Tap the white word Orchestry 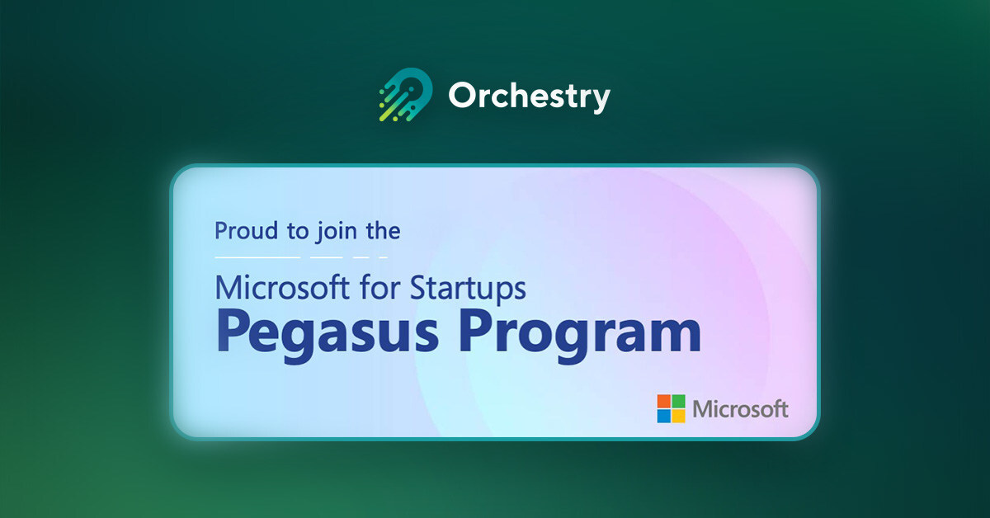coord(529,97)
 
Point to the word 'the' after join coord(383,231)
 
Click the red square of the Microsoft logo coord(664,401)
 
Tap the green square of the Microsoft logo coord(679,401)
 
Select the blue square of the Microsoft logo coord(664,416)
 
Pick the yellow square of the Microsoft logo coord(679,416)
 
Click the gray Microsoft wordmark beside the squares coord(741,409)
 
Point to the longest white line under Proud coord(257,257)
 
